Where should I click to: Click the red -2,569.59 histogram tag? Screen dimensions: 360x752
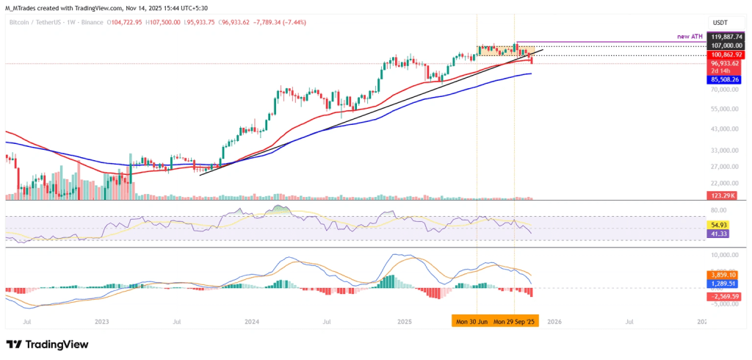coord(723,296)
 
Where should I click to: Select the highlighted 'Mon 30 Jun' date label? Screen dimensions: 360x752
coord(470,322)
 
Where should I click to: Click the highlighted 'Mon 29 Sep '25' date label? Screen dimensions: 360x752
coord(513,322)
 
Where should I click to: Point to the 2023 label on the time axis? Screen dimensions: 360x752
coord(101,322)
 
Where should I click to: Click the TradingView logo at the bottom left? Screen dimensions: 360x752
coord(47,345)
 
